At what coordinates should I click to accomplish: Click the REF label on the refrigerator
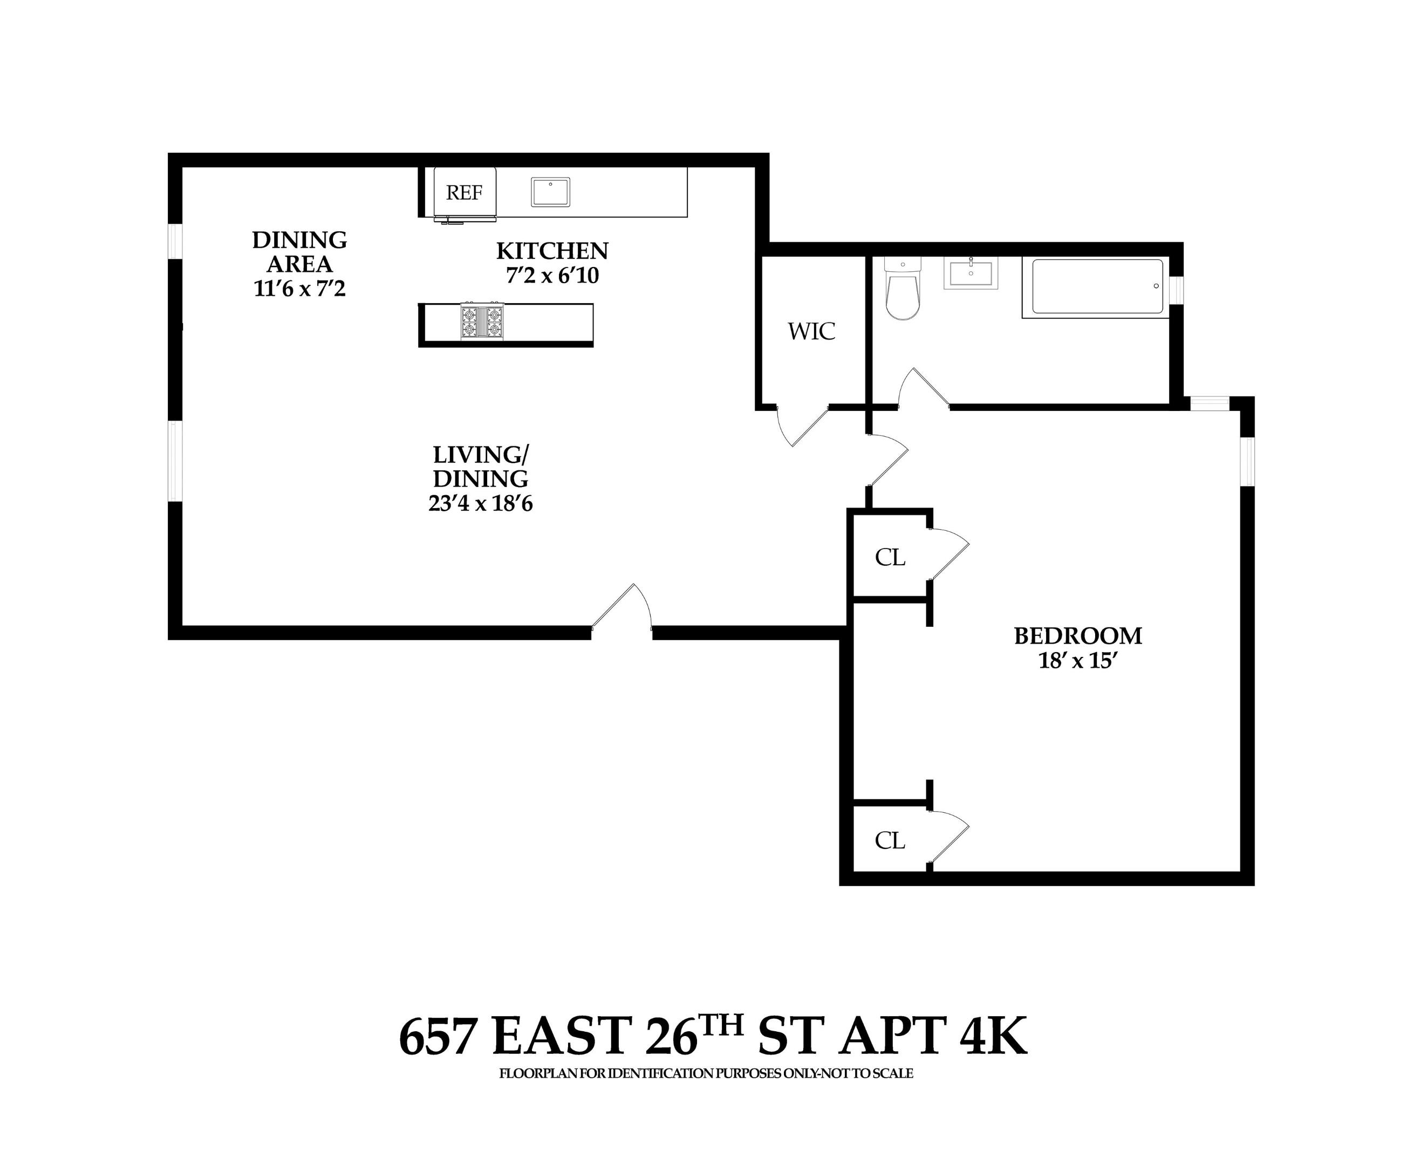464,193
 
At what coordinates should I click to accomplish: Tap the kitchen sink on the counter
550,192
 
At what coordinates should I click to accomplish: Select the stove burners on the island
481,322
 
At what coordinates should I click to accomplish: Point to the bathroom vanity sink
971,273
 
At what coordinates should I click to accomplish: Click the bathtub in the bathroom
1097,286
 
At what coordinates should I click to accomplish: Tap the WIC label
811,332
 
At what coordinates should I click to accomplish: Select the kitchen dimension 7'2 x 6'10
551,276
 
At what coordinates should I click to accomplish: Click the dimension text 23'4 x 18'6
481,503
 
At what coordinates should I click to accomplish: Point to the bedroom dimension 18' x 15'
1077,661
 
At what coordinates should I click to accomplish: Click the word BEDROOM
1077,635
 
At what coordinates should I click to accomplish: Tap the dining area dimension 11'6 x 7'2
299,289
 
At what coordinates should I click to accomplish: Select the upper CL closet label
890,557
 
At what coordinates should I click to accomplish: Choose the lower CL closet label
890,840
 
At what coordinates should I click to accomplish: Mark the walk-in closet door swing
801,426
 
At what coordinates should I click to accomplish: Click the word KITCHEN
551,251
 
